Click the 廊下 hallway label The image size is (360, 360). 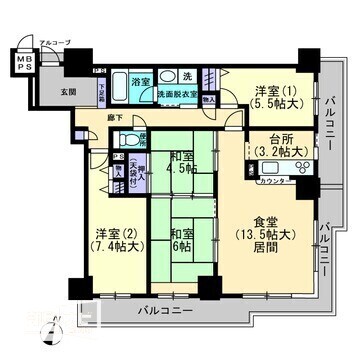pyautogui.click(x=114, y=118)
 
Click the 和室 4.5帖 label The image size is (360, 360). pyautogui.click(x=181, y=162)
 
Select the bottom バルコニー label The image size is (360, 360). pyautogui.click(x=159, y=311)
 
